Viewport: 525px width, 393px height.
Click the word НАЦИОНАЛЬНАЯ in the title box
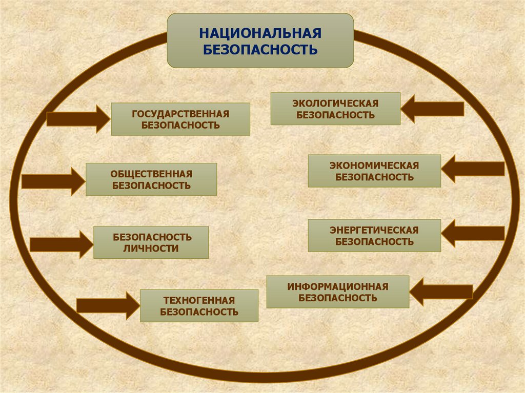coord(260,34)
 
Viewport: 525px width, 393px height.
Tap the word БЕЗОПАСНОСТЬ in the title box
coord(260,49)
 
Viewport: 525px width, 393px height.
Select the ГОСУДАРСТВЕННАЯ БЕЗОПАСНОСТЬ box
coord(180,119)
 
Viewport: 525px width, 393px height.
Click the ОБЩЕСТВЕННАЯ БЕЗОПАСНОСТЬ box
coord(151,179)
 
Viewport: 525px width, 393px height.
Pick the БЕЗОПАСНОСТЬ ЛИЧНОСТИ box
coord(151,242)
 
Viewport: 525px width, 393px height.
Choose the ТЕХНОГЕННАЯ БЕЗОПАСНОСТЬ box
coord(199,305)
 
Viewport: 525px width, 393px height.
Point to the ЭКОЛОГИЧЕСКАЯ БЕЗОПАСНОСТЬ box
coord(335,109)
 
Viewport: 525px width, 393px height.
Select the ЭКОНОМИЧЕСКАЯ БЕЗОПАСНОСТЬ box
coord(374,171)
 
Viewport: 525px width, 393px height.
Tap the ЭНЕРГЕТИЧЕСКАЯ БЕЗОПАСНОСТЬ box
coord(374,236)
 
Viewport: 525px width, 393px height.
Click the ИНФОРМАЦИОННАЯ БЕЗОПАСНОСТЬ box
coord(338,292)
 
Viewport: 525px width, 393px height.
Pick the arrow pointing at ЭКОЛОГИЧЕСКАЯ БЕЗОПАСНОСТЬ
coord(433,109)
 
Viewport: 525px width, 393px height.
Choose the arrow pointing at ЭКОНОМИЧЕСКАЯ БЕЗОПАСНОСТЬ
coord(473,169)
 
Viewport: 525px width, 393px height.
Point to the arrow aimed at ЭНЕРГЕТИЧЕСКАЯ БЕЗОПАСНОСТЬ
coord(473,234)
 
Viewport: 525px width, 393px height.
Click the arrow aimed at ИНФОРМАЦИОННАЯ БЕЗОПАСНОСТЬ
coord(441,292)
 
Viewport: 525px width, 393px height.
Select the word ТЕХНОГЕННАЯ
coord(199,300)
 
